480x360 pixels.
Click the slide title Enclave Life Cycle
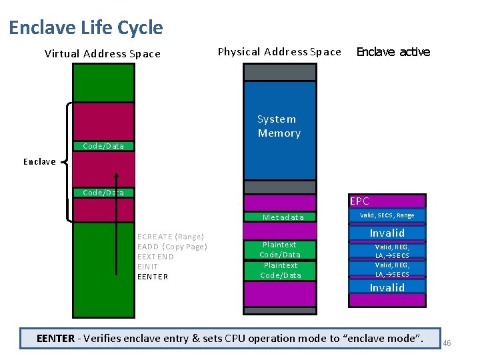pyautogui.click(x=85, y=28)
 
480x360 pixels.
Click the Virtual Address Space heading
pyautogui.click(x=102, y=54)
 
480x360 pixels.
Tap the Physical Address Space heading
pyautogui.click(x=279, y=52)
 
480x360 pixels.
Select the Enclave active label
pyautogui.click(x=393, y=52)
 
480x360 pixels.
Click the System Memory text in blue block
pyautogui.click(x=279, y=126)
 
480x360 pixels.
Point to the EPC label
pyautogui.click(x=359, y=201)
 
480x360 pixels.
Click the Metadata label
pyautogui.click(x=283, y=217)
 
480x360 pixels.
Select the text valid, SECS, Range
pyautogui.click(x=387, y=215)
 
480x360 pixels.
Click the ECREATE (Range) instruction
pyautogui.click(x=170, y=237)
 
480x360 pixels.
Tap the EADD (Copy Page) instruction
pyautogui.click(x=172, y=247)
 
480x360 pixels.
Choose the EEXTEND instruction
pyautogui.click(x=155, y=257)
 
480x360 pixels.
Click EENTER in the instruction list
pyautogui.click(x=153, y=276)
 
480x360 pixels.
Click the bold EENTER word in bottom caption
pyautogui.click(x=56, y=338)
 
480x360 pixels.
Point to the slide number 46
pyautogui.click(x=447, y=343)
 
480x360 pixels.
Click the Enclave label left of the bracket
pyautogui.click(x=39, y=161)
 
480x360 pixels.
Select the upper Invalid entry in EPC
pyautogui.click(x=387, y=233)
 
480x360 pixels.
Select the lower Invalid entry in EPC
pyautogui.click(x=387, y=288)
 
